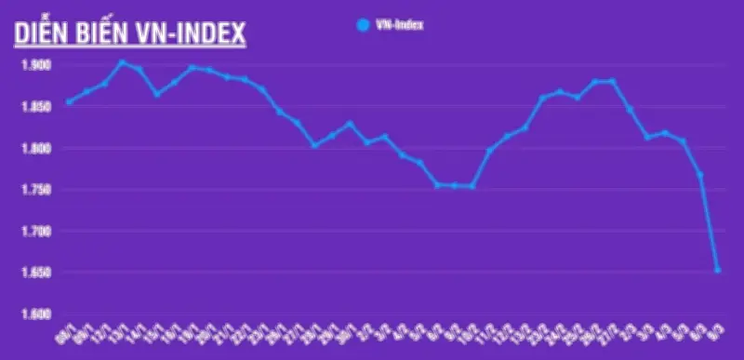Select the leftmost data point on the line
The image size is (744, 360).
[70, 102]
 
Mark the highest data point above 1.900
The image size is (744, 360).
[122, 62]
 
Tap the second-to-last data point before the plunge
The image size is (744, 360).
[700, 174]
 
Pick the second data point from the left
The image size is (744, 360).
[87, 91]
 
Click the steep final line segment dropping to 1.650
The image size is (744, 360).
[710, 223]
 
